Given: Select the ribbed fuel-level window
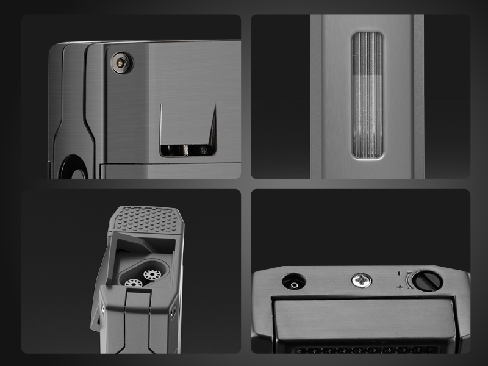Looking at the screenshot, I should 367,95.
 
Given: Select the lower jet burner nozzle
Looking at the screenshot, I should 133,283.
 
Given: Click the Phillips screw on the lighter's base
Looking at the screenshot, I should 359,281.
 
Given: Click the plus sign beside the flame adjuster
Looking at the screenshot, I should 400,287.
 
